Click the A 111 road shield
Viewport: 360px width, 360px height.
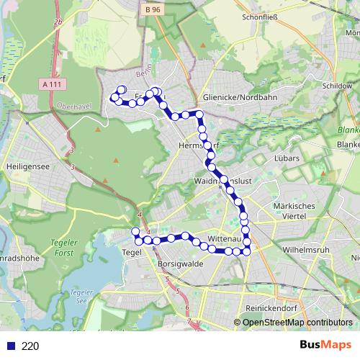(x=51, y=84)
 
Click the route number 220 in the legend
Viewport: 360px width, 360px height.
(x=30, y=346)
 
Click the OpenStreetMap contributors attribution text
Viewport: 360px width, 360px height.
(x=298, y=323)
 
